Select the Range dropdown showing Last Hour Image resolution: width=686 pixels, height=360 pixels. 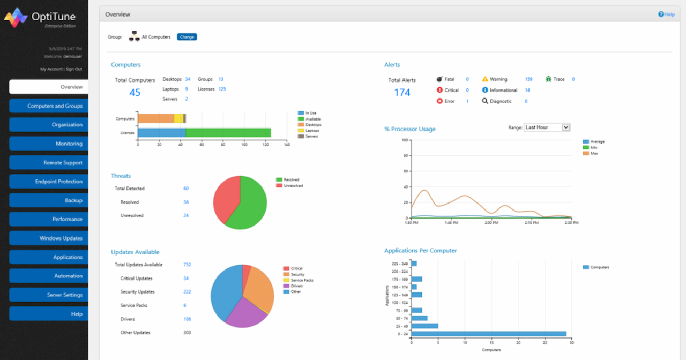[x=547, y=127]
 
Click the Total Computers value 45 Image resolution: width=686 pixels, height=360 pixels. [x=135, y=93]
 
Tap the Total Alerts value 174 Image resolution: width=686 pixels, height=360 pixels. [x=402, y=93]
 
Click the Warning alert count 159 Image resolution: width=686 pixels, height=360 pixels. [x=528, y=79]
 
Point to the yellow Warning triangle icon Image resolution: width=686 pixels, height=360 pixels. [x=485, y=79]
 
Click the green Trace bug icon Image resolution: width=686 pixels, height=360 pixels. [x=548, y=79]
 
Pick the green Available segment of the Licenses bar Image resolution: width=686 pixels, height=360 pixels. [x=228, y=133]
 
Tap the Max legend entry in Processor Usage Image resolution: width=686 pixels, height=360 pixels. [x=594, y=154]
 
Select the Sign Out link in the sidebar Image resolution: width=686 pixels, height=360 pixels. [x=74, y=69]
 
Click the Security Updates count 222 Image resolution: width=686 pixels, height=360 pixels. [x=187, y=292]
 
